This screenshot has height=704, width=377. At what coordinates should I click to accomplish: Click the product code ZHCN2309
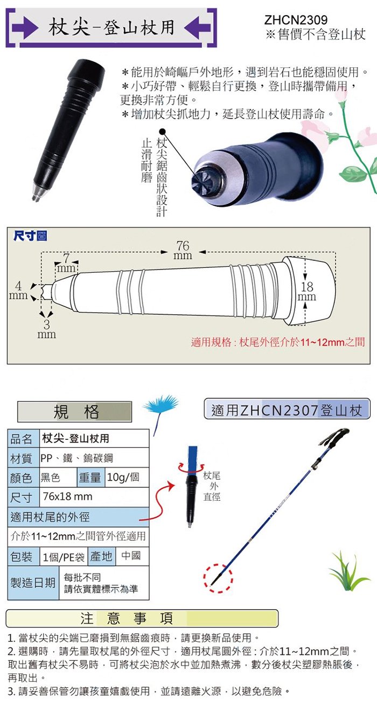pos(296,20)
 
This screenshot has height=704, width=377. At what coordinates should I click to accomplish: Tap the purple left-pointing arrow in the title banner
pos(197,27)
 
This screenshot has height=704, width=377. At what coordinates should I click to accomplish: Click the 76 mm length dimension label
pos(183,250)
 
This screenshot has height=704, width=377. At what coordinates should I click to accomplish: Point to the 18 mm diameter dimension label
pos(306,291)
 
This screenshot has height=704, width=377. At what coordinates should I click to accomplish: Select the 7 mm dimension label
pos(66,263)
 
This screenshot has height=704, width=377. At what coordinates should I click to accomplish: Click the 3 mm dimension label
pos(47,329)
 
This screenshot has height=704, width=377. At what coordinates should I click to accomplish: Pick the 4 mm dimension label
pos(18,291)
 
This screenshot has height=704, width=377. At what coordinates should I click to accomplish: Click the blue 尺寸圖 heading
pos(30,236)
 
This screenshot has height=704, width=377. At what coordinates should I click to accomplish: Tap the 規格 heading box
pos(75,411)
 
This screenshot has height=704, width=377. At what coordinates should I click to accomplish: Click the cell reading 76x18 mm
pos(94,497)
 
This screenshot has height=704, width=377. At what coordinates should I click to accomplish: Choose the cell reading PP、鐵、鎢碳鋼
pos(94,458)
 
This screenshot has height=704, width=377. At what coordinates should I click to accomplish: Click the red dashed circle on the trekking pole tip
pos(218,578)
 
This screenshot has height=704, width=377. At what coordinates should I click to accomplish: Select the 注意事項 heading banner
pos(142,618)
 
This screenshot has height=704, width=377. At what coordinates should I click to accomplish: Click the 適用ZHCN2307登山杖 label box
pos(287,409)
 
